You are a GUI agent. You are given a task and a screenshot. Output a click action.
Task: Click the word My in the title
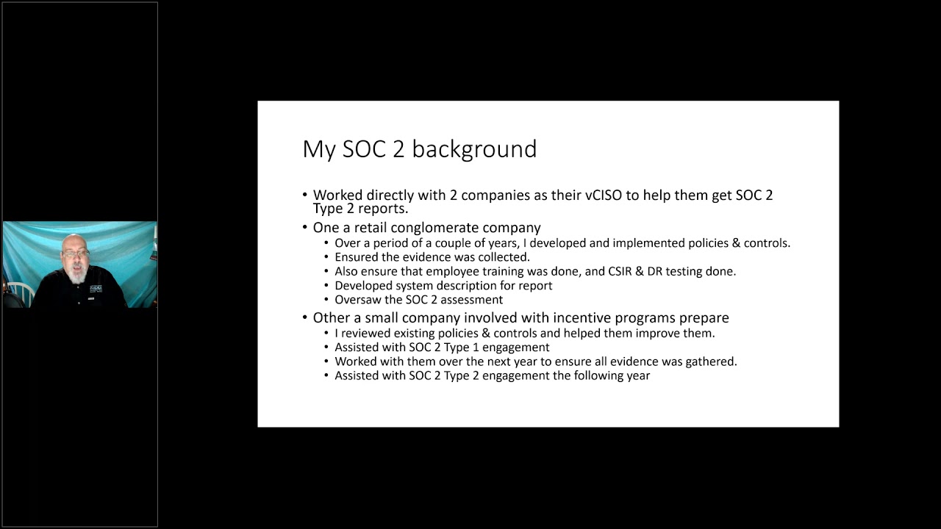coord(319,149)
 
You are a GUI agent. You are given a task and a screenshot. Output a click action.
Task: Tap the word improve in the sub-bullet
coord(664,333)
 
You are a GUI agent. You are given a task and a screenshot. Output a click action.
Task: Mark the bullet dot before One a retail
coord(305,228)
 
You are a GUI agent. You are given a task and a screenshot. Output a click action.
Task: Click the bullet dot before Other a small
coord(305,318)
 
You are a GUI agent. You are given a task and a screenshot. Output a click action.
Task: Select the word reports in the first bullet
coord(382,209)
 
